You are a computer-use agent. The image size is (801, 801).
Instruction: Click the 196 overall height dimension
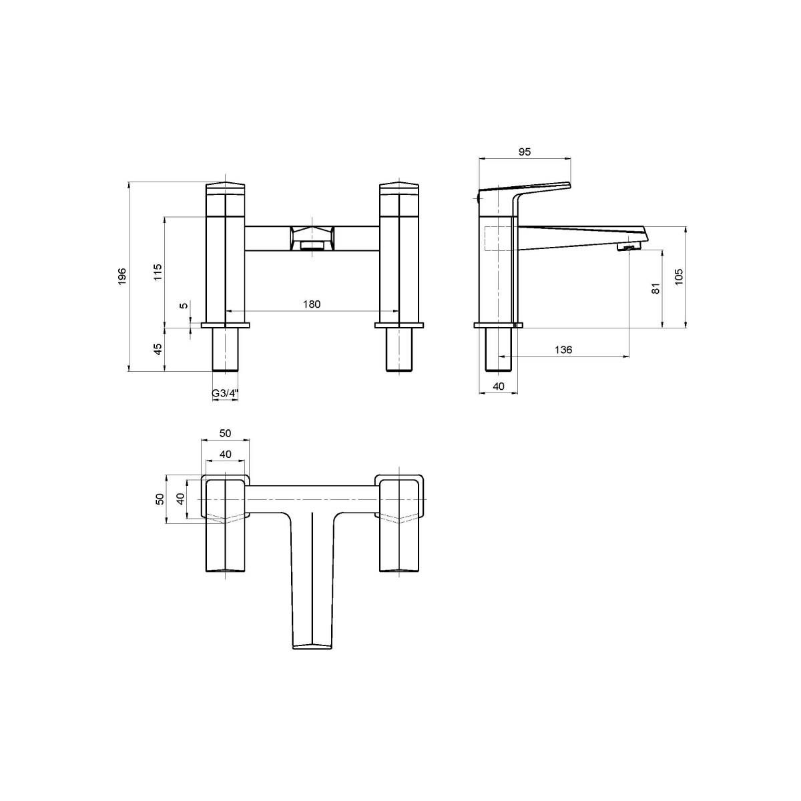point(122,276)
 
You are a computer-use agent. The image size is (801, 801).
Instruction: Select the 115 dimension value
point(158,272)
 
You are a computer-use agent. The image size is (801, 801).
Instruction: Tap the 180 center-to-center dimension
point(312,304)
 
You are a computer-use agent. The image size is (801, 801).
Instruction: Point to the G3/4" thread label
point(226,393)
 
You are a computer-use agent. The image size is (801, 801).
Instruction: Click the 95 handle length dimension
point(525,152)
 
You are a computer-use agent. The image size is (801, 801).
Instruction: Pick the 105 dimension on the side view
point(679,277)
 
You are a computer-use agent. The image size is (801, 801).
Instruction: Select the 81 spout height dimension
point(655,288)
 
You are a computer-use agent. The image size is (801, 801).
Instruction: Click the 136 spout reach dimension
point(563,350)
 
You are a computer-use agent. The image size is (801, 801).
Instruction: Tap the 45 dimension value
point(158,349)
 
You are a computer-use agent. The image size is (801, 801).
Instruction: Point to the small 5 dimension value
point(184,306)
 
